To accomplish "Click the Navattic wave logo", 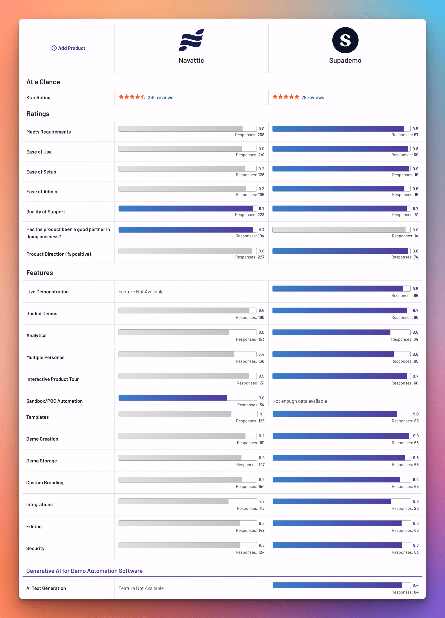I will pyautogui.click(x=191, y=40).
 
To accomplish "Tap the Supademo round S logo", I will pyautogui.click(x=345, y=40).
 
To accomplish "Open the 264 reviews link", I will pyautogui.click(x=160, y=98).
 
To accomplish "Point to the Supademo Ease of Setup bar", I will pyautogui.click(x=341, y=169).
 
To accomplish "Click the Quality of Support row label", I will pyautogui.click(x=46, y=212).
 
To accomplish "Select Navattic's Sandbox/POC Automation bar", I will pyautogui.click(x=187, y=398).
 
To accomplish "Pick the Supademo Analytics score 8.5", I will pyautogui.click(x=415, y=332).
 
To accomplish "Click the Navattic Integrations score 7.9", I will pyautogui.click(x=262, y=501).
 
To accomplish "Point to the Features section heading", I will pyautogui.click(x=40, y=273).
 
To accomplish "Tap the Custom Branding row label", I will pyautogui.click(x=45, y=482).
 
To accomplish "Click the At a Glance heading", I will pyautogui.click(x=43, y=82).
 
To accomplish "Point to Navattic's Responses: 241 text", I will pyautogui.click(x=250, y=155).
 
